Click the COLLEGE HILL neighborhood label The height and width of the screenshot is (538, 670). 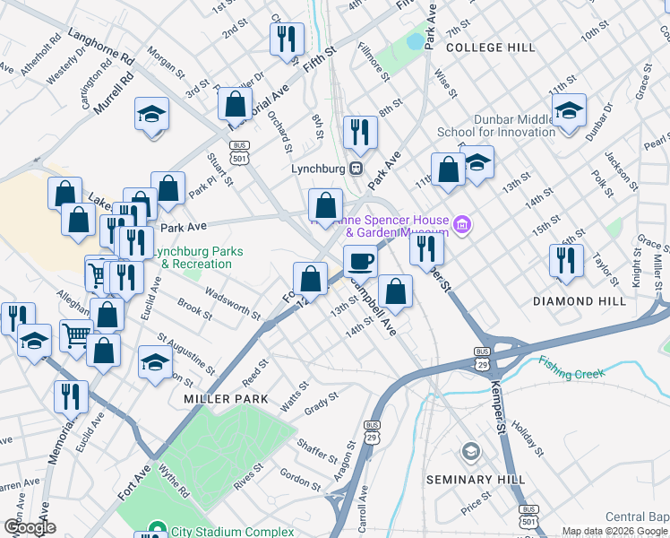pos(490,47)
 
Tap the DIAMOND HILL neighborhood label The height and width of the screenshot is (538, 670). pos(580,301)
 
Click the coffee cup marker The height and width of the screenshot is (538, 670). pos(360,261)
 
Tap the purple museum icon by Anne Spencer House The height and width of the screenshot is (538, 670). pos(463,223)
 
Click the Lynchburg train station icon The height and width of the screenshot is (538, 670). pos(356,167)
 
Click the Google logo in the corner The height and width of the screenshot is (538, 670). pos(29,526)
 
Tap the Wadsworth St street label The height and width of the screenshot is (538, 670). pos(232,304)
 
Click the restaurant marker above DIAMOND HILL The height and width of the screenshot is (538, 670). pos(566,261)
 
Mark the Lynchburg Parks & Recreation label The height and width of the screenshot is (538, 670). pos(195,258)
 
